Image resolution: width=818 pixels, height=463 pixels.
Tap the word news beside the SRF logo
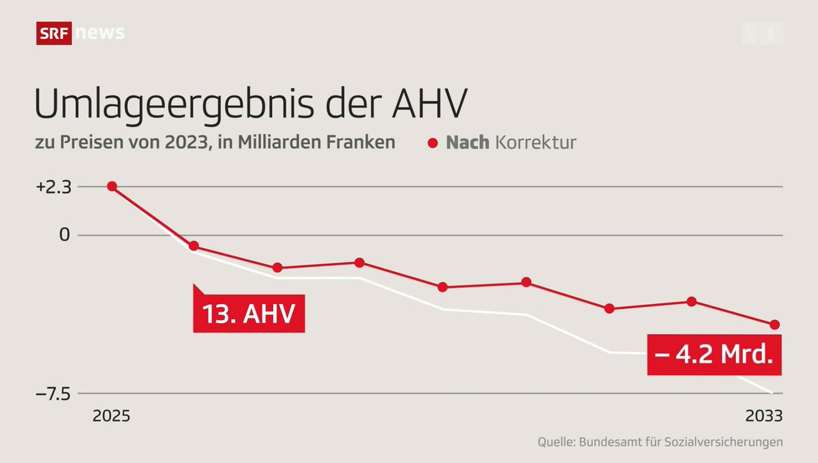[x=100, y=33]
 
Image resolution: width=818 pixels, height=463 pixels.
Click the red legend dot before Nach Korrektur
[x=432, y=144]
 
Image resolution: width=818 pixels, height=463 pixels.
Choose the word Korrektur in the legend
[x=535, y=143]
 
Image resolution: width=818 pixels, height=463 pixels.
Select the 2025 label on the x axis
[x=112, y=416]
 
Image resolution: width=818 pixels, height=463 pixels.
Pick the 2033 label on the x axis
[x=764, y=416]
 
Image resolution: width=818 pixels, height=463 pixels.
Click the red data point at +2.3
[x=112, y=186]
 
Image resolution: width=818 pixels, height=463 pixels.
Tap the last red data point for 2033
[x=774, y=325]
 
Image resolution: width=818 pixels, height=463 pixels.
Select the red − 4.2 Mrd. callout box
[x=714, y=355]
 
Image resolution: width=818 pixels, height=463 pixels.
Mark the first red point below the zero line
[x=194, y=245]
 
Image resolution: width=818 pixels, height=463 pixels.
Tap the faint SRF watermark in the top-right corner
[x=762, y=33]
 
